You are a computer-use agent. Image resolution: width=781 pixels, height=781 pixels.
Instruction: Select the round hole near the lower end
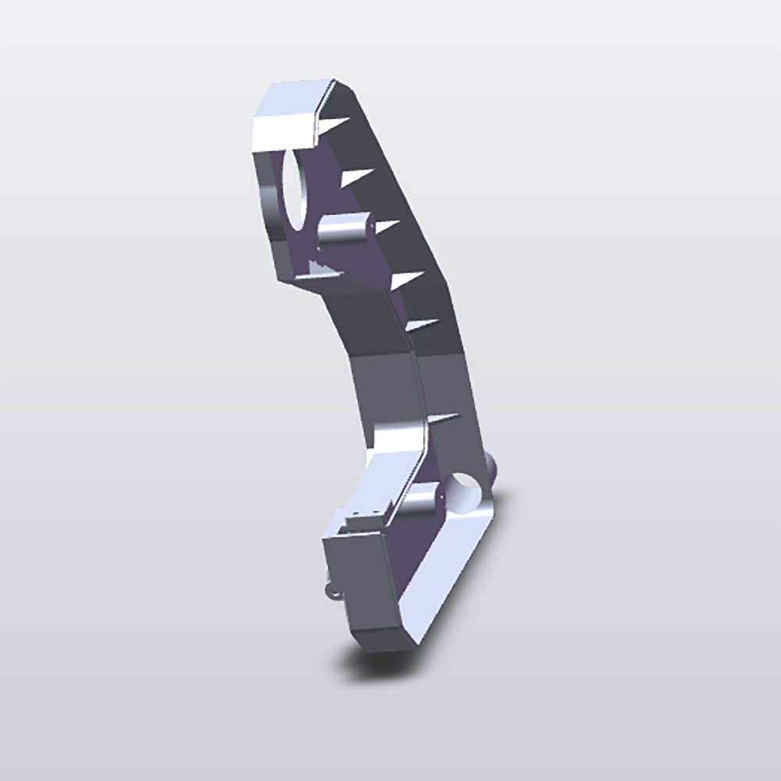pos(466,493)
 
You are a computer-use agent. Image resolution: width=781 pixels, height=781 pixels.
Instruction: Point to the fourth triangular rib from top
pos(407,280)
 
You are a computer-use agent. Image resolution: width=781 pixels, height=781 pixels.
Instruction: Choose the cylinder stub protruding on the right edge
pos(493,469)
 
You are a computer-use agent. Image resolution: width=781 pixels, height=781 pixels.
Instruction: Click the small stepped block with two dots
pos(364,519)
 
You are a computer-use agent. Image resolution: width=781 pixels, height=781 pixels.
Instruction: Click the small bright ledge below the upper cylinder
pos(319,269)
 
